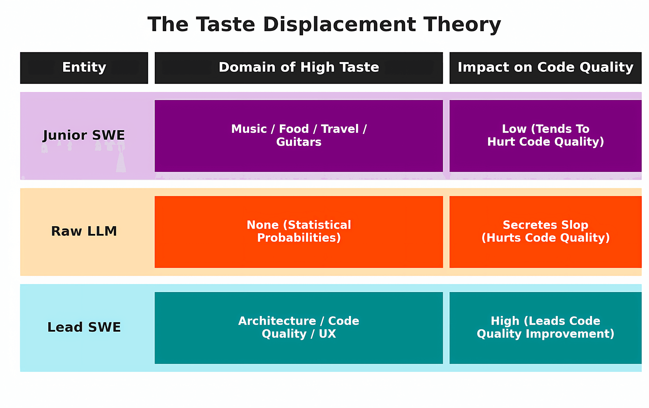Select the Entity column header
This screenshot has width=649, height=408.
pos(84,67)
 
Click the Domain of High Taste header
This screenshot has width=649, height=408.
pos(299,67)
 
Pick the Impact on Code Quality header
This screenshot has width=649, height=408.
pos(545,67)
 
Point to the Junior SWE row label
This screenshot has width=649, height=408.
pos(84,135)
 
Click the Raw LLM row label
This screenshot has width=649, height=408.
pos(84,231)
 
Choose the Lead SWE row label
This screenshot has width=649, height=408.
pos(84,327)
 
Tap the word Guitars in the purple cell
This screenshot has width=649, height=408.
pos(299,142)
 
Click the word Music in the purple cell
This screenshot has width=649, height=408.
pos(249,129)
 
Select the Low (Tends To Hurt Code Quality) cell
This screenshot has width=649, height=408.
pos(545,135)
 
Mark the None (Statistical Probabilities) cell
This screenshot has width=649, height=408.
pos(299,232)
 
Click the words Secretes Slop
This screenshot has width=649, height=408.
pos(545,225)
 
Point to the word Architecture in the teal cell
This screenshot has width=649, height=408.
pos(277,321)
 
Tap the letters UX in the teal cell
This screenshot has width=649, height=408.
pos(327,334)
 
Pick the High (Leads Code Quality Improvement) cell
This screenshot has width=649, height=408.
pos(545,327)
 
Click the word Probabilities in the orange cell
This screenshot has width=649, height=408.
pos(299,238)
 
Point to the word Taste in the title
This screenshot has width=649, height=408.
pos(225,24)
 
